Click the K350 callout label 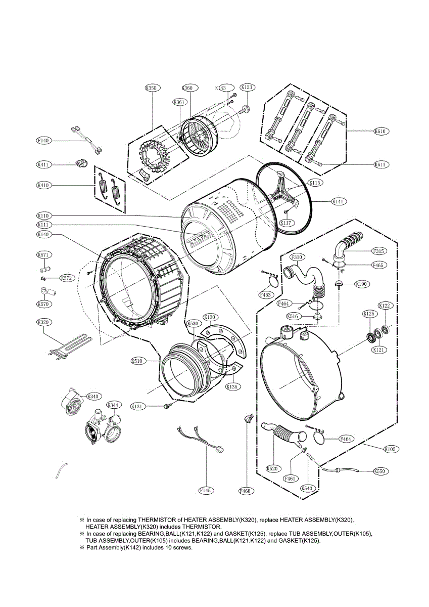click(151, 88)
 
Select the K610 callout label click(380, 132)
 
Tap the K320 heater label click(44, 322)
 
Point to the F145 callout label click(205, 490)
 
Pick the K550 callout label click(379, 471)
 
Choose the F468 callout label click(246, 490)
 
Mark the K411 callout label click(43, 164)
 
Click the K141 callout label click(338, 201)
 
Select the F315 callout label click(379, 251)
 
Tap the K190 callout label click(361, 284)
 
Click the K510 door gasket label click(137, 361)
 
